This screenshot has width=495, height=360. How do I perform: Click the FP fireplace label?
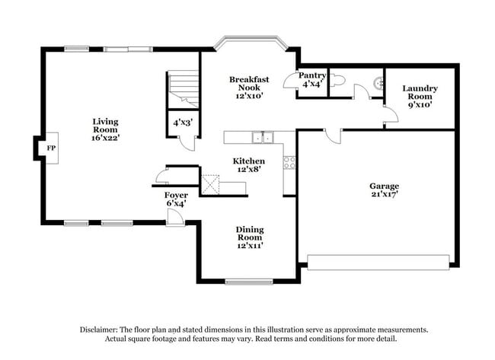click(x=52, y=148)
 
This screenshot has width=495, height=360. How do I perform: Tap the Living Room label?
click(x=105, y=130)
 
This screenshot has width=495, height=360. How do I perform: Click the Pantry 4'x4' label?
click(x=312, y=80)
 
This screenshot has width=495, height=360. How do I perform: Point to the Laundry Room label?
click(x=420, y=97)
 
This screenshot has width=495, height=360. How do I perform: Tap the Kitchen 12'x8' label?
click(x=248, y=166)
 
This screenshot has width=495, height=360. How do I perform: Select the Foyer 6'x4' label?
click(x=177, y=199)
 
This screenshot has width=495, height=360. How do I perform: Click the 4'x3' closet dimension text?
click(x=181, y=122)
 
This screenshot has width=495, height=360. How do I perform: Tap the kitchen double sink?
click(x=263, y=138)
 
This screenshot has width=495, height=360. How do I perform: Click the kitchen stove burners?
click(x=289, y=162)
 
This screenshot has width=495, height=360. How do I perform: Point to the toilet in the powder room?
click(x=340, y=79)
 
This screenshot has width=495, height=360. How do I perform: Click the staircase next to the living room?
click(x=182, y=88)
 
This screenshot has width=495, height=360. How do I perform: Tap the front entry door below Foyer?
click(x=174, y=218)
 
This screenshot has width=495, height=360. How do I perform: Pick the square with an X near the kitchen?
click(x=209, y=184)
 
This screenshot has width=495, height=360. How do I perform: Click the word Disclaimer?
click(x=101, y=330)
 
